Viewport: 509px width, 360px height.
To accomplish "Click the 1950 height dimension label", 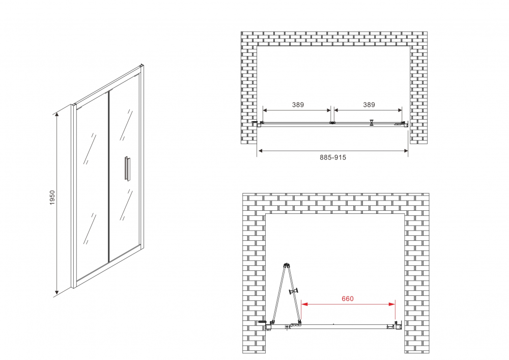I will point(52,199).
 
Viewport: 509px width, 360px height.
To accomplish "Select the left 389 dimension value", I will point(298,105).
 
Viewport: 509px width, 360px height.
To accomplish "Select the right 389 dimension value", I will point(369,105).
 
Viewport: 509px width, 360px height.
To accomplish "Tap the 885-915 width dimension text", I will point(333,158).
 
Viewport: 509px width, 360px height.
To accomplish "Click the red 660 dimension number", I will point(348,299).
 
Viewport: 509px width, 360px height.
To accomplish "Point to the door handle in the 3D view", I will point(126,169).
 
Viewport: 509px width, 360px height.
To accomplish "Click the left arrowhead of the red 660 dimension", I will point(304,304).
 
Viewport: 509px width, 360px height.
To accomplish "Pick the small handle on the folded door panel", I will point(293,291).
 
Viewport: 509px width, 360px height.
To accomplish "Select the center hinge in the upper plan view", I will point(332,123).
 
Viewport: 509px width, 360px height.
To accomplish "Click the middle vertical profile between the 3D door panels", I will point(108,176).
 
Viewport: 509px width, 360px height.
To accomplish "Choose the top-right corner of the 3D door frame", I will point(142,66).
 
